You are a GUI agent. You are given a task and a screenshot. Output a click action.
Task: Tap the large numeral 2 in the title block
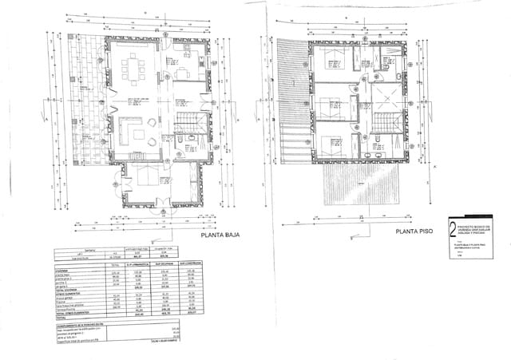[453, 227]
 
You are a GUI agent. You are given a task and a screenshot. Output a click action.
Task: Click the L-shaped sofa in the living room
[128, 129]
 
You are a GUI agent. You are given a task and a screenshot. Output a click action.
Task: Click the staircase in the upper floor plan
[386, 124]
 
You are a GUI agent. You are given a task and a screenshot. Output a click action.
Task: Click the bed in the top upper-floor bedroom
[331, 56]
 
